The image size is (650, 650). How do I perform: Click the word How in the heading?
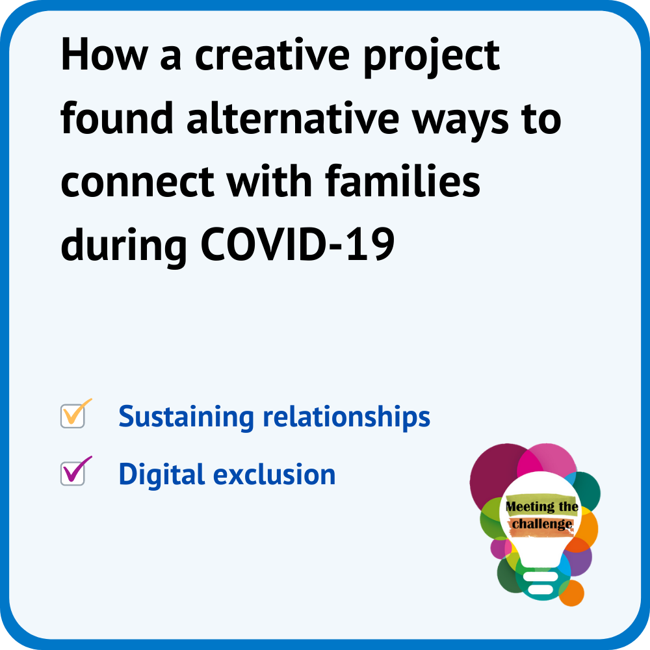(104, 55)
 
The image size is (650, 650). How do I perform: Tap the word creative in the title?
(272, 55)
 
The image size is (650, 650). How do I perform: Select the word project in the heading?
(432, 58)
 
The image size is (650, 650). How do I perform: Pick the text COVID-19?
(298, 244)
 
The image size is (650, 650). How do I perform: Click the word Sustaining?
(186, 417)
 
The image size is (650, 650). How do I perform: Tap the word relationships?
(346, 417)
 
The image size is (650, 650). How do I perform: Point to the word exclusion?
(274, 474)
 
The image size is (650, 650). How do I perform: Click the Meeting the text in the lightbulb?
(541, 506)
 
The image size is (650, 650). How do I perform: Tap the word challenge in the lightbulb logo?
(542, 524)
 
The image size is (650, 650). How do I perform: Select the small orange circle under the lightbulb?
(572, 593)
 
